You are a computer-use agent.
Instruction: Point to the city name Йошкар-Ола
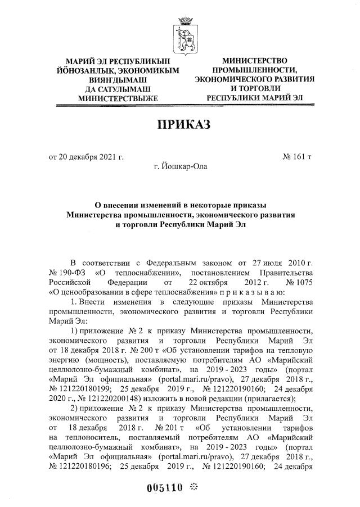(x=181, y=167)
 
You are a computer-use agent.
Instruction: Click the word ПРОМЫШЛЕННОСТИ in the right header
(x=255, y=70)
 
